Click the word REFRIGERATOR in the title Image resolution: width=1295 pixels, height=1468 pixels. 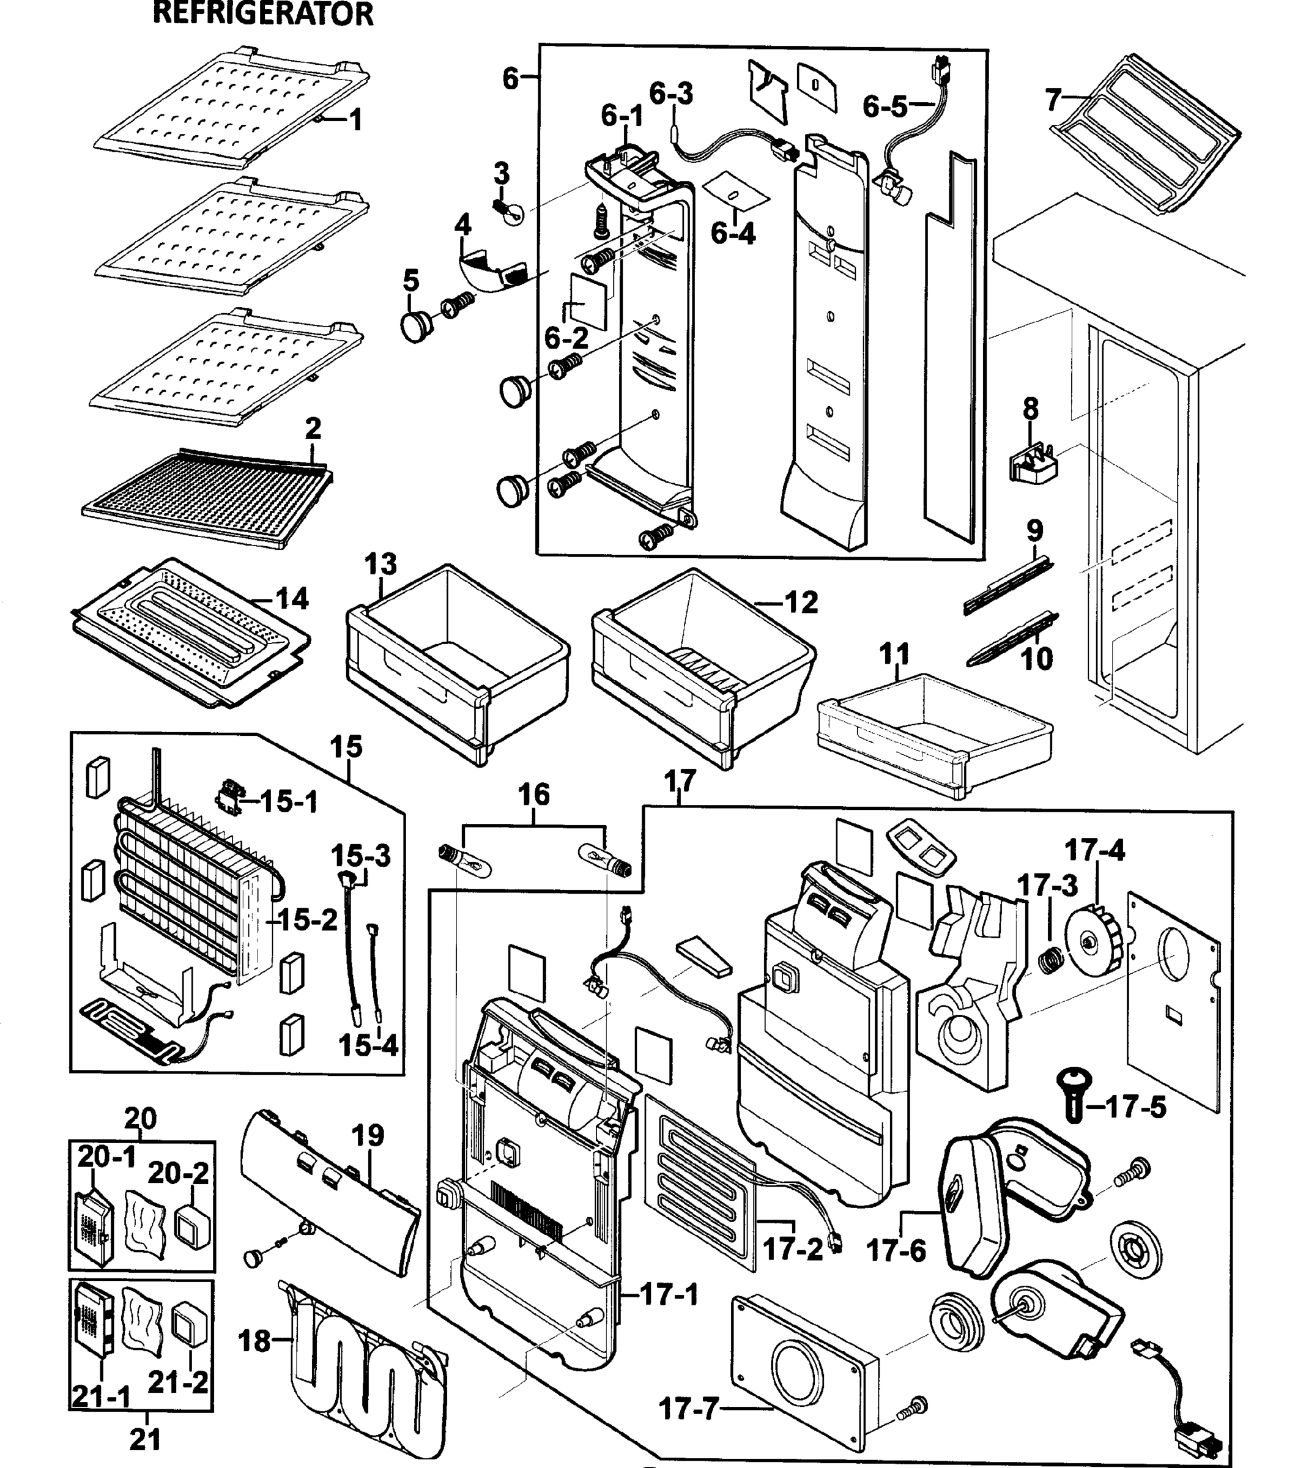[263, 14]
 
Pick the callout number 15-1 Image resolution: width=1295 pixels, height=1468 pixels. [288, 801]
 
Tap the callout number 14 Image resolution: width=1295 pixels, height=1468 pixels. [292, 598]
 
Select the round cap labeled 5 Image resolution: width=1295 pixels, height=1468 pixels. [416, 325]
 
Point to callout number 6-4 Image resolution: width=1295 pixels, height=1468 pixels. [733, 234]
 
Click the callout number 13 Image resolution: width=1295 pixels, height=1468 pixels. [380, 565]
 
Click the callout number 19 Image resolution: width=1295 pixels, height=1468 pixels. [368, 1135]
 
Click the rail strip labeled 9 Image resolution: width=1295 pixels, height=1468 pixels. [1009, 582]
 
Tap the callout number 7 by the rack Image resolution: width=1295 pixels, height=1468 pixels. [1053, 100]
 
